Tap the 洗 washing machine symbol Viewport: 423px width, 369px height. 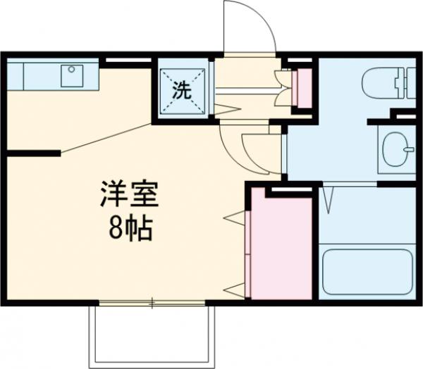[x=182, y=89]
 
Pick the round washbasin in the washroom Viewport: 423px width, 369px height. [x=398, y=148]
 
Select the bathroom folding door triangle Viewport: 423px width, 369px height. [x=329, y=197]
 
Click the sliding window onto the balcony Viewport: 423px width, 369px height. [x=152, y=304]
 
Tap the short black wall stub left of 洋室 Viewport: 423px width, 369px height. [x=32, y=152]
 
